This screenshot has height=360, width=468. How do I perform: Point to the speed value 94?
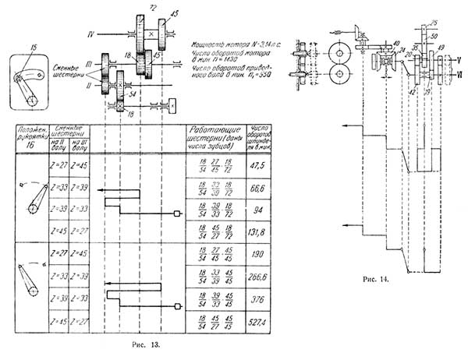click(x=260, y=210)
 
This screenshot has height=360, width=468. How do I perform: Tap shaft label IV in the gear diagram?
click(x=90, y=35)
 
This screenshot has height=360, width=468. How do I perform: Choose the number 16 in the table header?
click(x=30, y=144)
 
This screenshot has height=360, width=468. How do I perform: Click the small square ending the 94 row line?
click(x=179, y=212)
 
